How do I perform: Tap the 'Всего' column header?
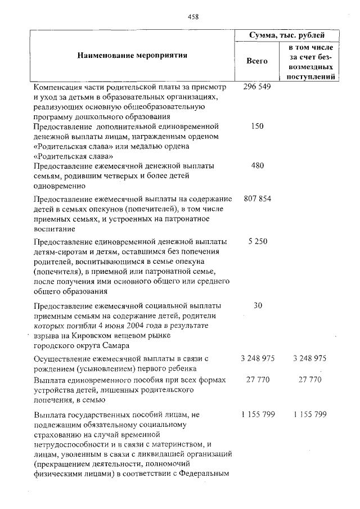tap(258, 60)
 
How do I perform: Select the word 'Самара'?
tap(112, 345)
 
